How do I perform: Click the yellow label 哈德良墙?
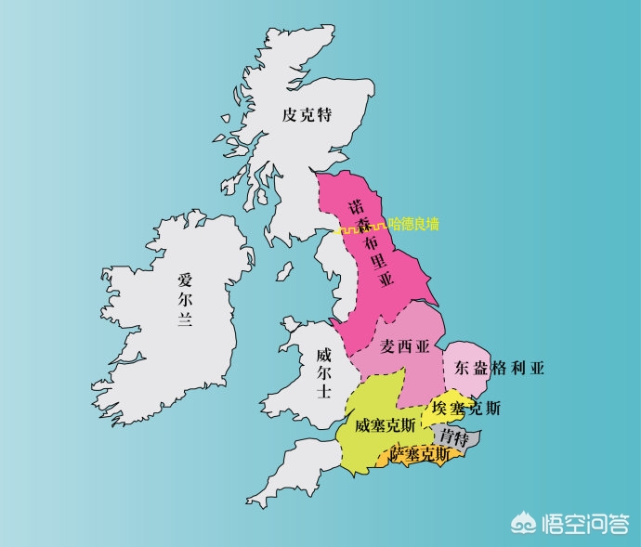(x=413, y=224)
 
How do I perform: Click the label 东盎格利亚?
(x=499, y=368)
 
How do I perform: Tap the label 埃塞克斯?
(x=465, y=408)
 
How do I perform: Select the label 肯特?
(x=454, y=436)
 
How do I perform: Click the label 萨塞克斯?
(x=421, y=454)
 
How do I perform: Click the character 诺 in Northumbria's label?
(x=355, y=203)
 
